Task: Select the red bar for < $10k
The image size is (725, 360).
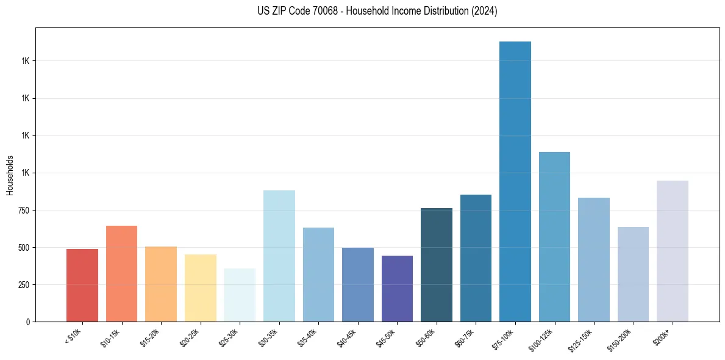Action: click(82, 285)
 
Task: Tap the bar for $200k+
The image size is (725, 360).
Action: click(673, 251)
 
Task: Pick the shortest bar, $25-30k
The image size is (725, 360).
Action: click(240, 295)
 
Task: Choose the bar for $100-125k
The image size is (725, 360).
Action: click(554, 237)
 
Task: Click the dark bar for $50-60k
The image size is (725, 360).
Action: click(437, 265)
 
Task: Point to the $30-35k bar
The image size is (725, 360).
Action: click(279, 256)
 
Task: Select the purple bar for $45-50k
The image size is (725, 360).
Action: click(397, 289)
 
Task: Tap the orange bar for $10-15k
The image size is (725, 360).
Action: click(121, 273)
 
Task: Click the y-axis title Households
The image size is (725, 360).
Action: click(10, 175)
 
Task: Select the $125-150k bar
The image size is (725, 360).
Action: click(594, 259)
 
